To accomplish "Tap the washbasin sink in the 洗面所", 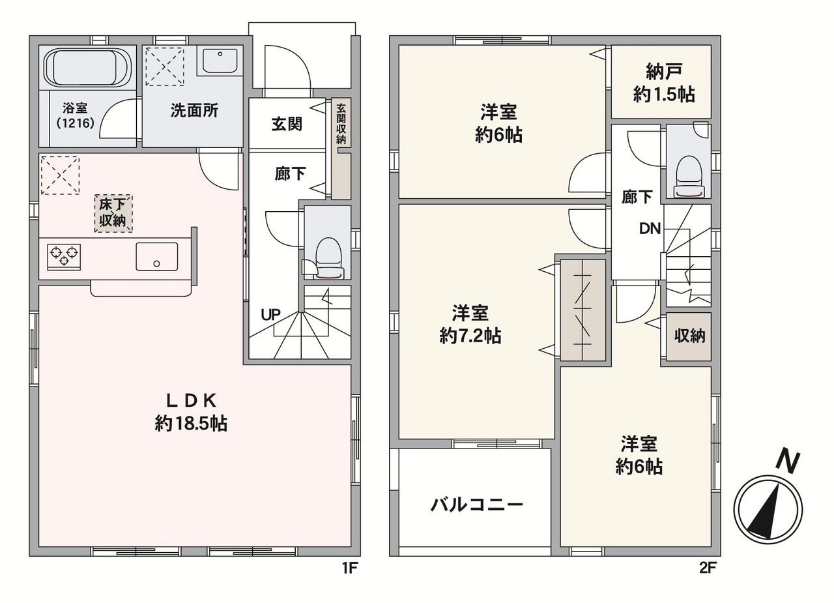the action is (x=220, y=61).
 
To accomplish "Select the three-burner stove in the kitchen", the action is (x=64, y=257).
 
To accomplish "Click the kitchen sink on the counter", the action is (x=157, y=256).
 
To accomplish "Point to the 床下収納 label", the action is (x=113, y=213).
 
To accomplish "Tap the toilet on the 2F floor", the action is (x=689, y=176).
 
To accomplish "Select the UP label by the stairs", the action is (x=270, y=315).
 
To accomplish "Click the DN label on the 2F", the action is (x=650, y=229).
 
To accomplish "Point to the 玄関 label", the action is (x=287, y=124).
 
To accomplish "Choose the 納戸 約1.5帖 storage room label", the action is (x=664, y=83).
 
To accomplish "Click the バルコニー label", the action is (x=477, y=505).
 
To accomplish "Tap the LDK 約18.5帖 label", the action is (x=191, y=412).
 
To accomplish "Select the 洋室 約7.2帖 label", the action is (x=470, y=325).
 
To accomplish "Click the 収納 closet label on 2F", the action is (x=690, y=336).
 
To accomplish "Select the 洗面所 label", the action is (x=194, y=111).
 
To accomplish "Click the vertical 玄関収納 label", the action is (x=341, y=124).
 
